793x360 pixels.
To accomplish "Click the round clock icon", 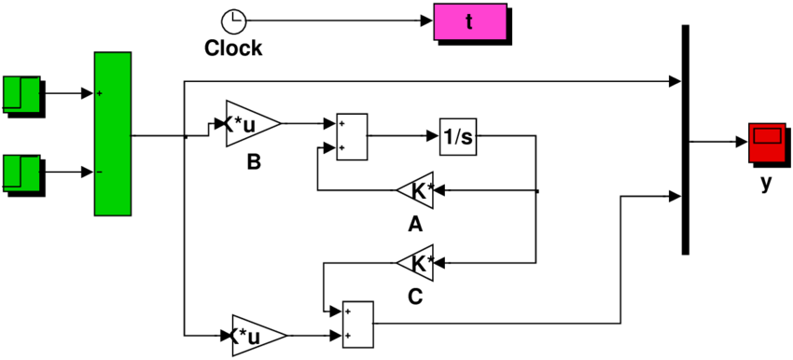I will click(x=235, y=23).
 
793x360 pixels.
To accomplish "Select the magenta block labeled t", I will click(x=470, y=21).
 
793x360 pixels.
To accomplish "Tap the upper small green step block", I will click(x=21, y=94).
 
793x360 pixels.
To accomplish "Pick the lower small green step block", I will click(x=21, y=173).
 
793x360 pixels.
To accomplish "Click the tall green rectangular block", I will click(x=113, y=133).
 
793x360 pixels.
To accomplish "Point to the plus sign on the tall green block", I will click(x=100, y=93).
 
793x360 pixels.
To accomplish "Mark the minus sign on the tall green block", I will click(x=100, y=173).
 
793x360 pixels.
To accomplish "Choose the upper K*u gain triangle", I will click(x=249, y=124).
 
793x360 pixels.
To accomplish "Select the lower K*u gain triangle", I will click(x=255, y=335).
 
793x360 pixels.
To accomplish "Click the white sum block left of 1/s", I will click(x=352, y=136).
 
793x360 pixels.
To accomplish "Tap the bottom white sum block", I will click(x=358, y=324).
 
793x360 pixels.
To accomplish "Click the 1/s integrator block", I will click(x=458, y=137).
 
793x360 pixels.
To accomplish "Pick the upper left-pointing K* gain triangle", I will click(x=418, y=191).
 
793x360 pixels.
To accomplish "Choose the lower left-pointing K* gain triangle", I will click(x=418, y=264).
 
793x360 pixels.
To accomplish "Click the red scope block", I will click(x=767, y=143).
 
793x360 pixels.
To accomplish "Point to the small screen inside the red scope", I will click(x=767, y=136).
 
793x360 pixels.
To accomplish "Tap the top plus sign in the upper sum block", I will click(x=342, y=124).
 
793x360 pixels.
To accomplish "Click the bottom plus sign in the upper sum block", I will click(x=342, y=147).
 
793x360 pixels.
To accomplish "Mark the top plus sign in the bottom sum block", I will click(x=349, y=312).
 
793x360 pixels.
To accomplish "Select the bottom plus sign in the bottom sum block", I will click(x=349, y=335).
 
